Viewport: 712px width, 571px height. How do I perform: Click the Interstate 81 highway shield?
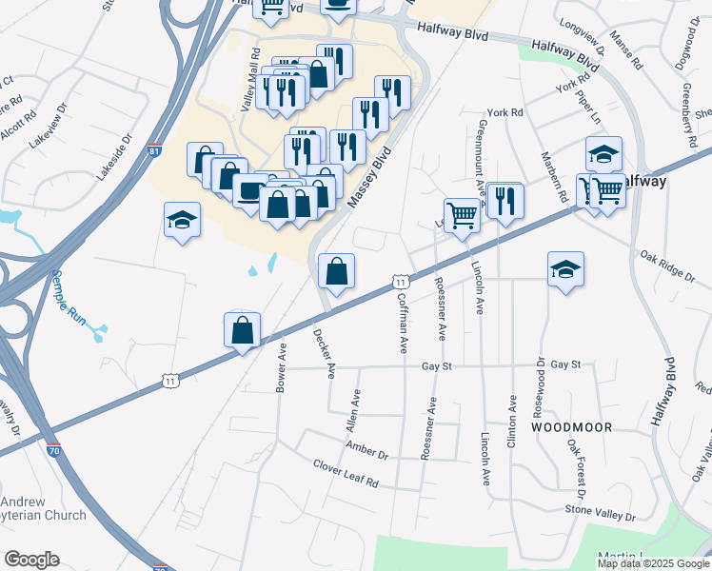tap(155, 151)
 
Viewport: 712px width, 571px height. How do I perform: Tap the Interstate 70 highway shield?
tap(54, 451)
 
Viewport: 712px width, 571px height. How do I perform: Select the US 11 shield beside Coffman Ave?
tap(401, 283)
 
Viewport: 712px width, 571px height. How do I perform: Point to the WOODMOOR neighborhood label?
tap(571, 427)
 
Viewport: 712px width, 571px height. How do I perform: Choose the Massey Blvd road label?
tap(370, 185)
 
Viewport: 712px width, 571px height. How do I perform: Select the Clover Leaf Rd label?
tap(346, 473)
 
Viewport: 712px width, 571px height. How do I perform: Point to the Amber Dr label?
tap(366, 448)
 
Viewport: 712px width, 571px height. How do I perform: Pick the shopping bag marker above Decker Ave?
tap(336, 271)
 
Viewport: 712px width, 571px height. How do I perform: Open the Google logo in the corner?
tap(32, 559)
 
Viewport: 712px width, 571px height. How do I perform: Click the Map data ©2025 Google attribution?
tap(653, 563)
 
